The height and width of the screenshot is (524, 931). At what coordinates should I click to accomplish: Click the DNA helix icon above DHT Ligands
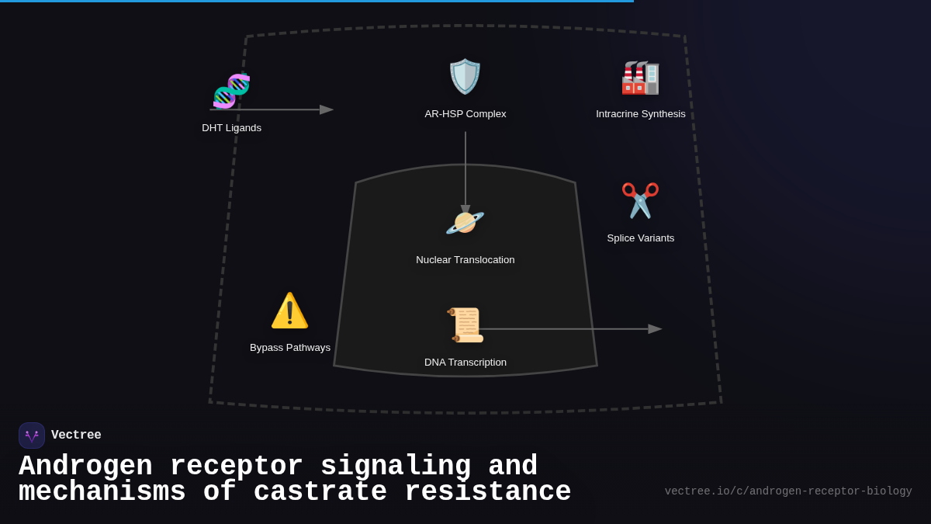[231, 91]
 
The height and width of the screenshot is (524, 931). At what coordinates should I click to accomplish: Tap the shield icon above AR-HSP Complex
[465, 76]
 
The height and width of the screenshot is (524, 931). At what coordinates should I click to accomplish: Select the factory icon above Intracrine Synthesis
[641, 78]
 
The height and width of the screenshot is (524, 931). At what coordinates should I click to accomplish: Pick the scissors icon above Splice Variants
[641, 200]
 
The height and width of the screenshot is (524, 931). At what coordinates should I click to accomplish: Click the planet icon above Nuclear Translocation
[465, 223]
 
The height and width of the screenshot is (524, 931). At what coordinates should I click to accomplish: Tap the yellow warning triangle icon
[289, 311]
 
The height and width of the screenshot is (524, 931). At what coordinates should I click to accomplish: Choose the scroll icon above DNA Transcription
[465, 325]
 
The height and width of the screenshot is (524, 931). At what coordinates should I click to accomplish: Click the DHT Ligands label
[232, 128]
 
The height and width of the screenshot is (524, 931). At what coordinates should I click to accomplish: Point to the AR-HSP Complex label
[465, 114]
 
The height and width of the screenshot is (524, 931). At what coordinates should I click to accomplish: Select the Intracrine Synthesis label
[641, 114]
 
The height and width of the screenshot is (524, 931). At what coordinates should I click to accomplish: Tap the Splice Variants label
[641, 238]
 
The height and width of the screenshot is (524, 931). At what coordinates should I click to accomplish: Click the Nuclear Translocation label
[465, 260]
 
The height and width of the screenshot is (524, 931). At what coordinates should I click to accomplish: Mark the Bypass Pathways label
[290, 348]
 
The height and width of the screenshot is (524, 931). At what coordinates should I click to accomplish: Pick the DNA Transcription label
[465, 363]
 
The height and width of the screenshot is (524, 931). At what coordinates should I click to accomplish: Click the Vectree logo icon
[32, 436]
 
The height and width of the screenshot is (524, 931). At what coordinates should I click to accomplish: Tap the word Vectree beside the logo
[76, 436]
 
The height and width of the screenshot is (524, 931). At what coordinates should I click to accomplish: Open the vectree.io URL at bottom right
[788, 491]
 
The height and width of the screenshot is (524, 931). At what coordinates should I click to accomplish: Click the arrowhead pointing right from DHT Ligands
[327, 109]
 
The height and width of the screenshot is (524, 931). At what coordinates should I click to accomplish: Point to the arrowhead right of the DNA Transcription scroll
[655, 329]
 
